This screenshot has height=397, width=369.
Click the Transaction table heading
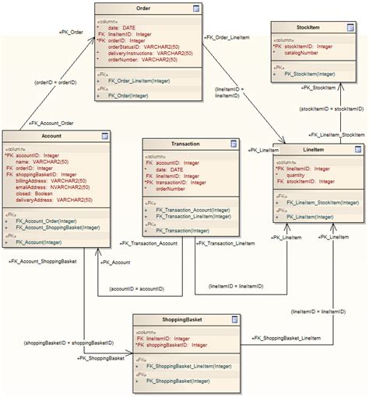click(x=184, y=145)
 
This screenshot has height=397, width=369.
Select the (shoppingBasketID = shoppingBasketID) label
click(x=69, y=343)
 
